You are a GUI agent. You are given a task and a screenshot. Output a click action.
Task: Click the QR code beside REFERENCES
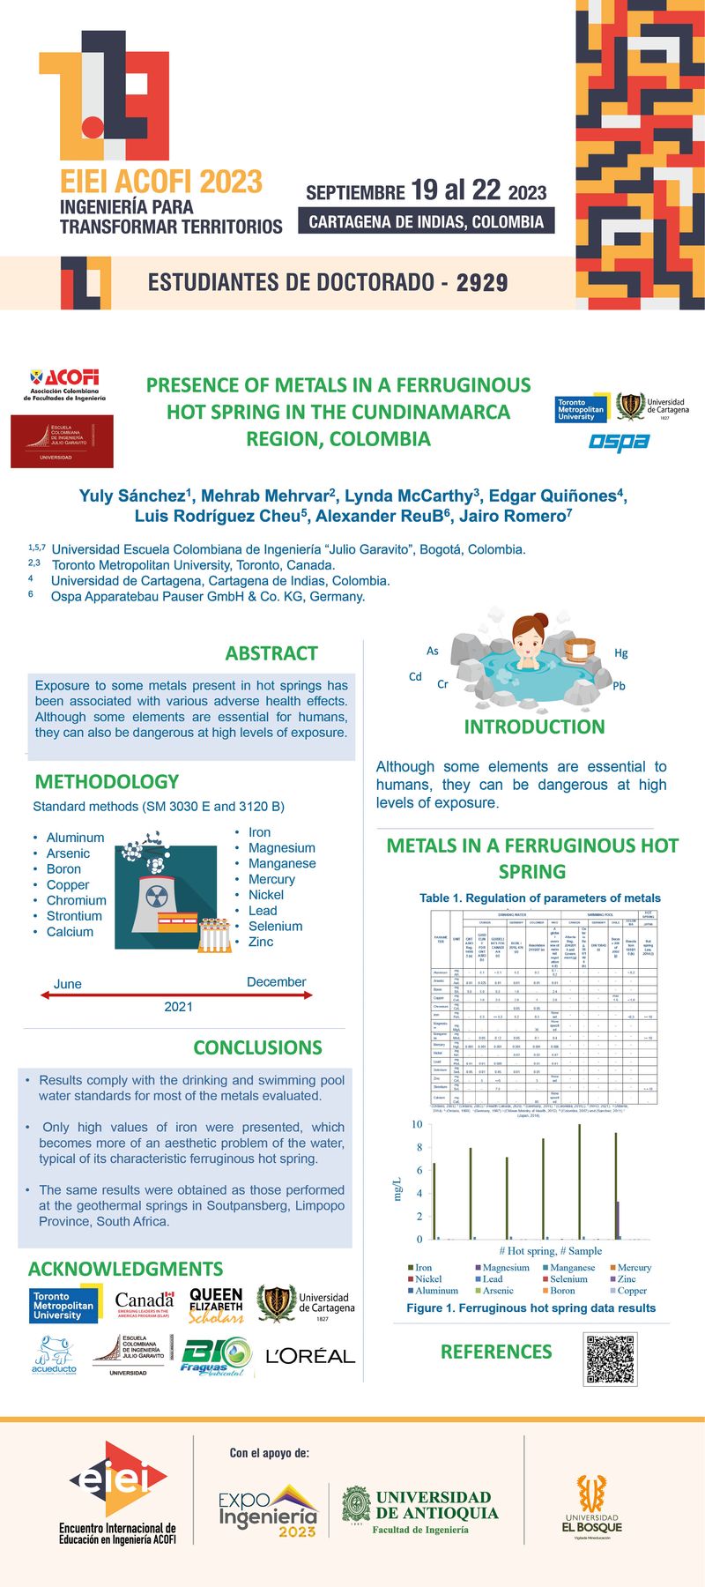(x=611, y=1359)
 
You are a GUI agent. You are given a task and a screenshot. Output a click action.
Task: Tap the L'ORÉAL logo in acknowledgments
(x=310, y=1355)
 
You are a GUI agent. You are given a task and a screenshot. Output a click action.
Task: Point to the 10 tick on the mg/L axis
(x=417, y=1124)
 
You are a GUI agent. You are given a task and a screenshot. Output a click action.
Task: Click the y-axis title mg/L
(x=397, y=1188)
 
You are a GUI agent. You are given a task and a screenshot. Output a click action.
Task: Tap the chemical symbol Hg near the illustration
(x=621, y=652)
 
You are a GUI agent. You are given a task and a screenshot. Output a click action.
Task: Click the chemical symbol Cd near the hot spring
(x=415, y=676)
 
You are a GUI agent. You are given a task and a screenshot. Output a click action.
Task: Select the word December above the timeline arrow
(x=276, y=981)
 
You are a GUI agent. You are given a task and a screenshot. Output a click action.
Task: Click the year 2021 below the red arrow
(x=178, y=1006)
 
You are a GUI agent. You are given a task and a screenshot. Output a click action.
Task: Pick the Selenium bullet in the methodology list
(x=275, y=926)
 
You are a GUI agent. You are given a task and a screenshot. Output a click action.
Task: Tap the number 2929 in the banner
(x=482, y=282)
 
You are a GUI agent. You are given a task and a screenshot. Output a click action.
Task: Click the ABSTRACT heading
(x=271, y=653)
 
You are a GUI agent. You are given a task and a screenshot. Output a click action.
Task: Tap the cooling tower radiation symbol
(x=157, y=897)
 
